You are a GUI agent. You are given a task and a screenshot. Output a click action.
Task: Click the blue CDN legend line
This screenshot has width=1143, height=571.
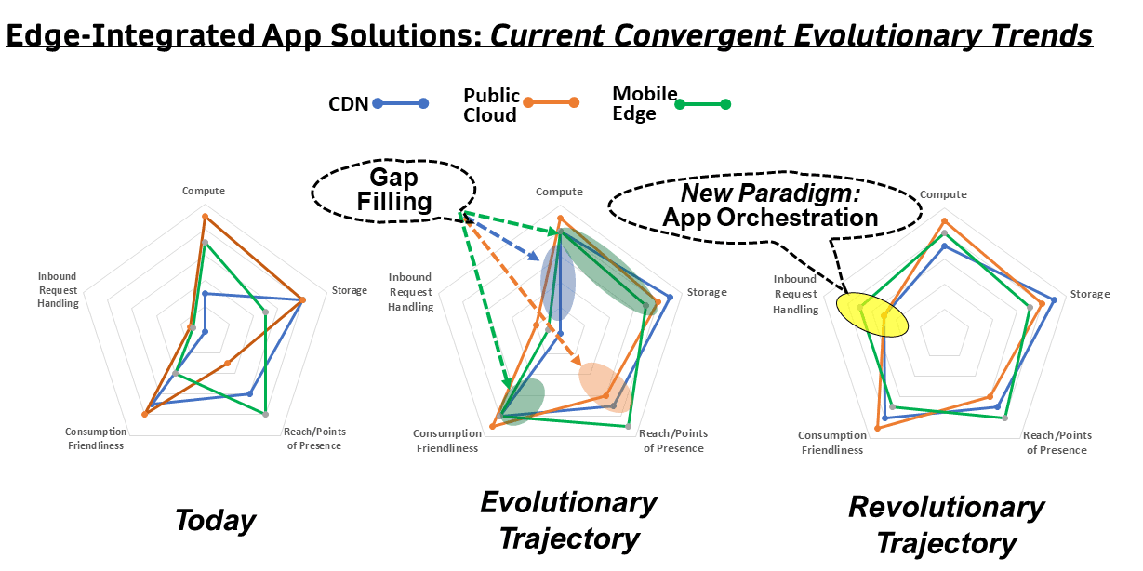(x=401, y=103)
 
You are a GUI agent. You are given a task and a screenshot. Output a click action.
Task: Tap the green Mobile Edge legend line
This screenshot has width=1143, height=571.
(x=702, y=103)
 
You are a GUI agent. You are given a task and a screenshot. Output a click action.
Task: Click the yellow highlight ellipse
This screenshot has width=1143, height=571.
(x=871, y=315)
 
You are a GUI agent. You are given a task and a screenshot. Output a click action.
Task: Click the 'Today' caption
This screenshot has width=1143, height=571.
(x=215, y=520)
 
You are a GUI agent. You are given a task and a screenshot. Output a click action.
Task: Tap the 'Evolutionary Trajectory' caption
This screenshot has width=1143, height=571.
(x=569, y=520)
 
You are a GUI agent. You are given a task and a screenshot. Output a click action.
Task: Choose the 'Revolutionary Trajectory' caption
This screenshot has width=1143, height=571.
(x=946, y=525)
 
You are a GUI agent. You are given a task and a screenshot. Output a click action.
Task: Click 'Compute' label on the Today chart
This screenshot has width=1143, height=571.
(x=204, y=191)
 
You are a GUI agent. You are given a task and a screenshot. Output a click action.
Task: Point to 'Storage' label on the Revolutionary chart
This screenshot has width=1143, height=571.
(x=1090, y=294)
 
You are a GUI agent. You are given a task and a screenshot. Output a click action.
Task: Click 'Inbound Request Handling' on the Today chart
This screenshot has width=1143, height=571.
(x=59, y=289)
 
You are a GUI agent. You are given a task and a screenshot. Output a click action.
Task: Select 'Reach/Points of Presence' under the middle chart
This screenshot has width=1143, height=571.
(x=673, y=441)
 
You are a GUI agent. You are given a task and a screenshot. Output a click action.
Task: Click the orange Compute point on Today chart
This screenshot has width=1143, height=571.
(x=205, y=217)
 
